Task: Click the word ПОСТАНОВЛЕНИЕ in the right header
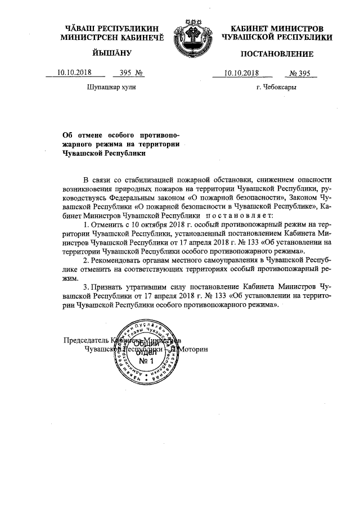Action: coord(277,54)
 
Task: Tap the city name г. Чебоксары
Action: coord(276,88)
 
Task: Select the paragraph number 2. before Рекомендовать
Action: coord(85,261)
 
